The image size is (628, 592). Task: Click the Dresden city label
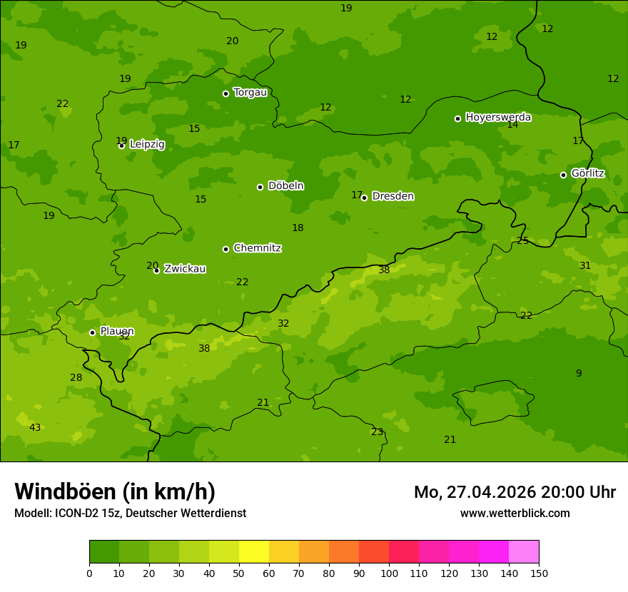392,196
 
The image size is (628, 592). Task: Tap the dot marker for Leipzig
121,146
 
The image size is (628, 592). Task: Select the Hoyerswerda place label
498,117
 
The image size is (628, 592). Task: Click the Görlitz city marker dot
563,175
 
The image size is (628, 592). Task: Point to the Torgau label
250,93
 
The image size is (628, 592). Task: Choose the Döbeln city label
285,186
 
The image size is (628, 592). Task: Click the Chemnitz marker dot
226,249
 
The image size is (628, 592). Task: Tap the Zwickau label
185,269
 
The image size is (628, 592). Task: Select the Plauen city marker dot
92,332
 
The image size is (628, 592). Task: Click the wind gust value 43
35,427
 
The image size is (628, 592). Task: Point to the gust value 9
579,373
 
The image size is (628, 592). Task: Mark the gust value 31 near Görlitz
585,265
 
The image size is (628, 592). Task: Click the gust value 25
523,241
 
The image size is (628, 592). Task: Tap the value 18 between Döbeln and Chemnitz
298,228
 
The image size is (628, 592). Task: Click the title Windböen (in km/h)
115,491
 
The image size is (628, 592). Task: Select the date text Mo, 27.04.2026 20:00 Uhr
515,492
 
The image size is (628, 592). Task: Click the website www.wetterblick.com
515,514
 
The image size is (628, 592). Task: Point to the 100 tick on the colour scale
389,573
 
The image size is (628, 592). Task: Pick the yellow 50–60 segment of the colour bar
254,552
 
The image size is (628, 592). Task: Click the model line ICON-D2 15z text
130,514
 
